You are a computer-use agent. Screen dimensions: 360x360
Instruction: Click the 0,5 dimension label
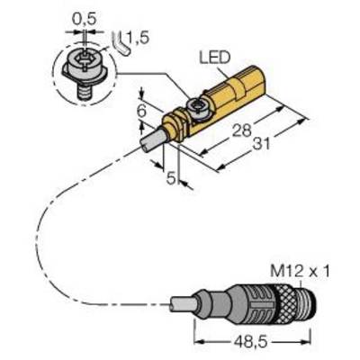[84, 20]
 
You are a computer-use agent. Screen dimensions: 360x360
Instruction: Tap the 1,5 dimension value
[138, 38]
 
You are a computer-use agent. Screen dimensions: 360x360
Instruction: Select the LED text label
[215, 58]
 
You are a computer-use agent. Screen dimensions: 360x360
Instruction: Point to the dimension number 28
[242, 130]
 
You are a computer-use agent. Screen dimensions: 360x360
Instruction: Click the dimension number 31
[261, 144]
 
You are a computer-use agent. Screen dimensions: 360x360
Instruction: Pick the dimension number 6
[141, 111]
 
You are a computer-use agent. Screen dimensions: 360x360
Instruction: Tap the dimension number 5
[171, 178]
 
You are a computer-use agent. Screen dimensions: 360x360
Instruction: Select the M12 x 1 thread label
[300, 272]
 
